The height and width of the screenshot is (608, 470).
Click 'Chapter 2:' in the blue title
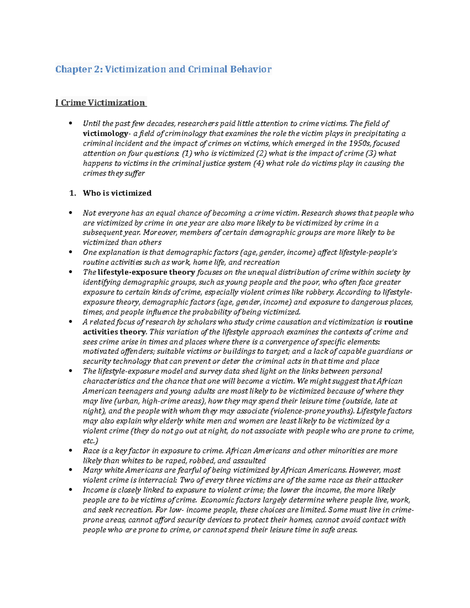pos(79,69)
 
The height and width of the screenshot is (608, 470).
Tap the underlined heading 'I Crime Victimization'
pos(100,103)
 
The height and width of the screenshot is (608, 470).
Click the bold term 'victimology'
pos(105,134)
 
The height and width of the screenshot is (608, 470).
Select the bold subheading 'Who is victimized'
pos(117,193)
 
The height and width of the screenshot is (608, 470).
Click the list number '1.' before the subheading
pos(72,193)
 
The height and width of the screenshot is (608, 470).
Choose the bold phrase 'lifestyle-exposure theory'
pos(146,272)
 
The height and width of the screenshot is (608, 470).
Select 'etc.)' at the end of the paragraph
pos(90,441)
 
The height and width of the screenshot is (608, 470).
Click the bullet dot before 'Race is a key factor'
pos(70,451)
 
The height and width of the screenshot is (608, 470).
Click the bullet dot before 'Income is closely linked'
pos(70,490)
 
